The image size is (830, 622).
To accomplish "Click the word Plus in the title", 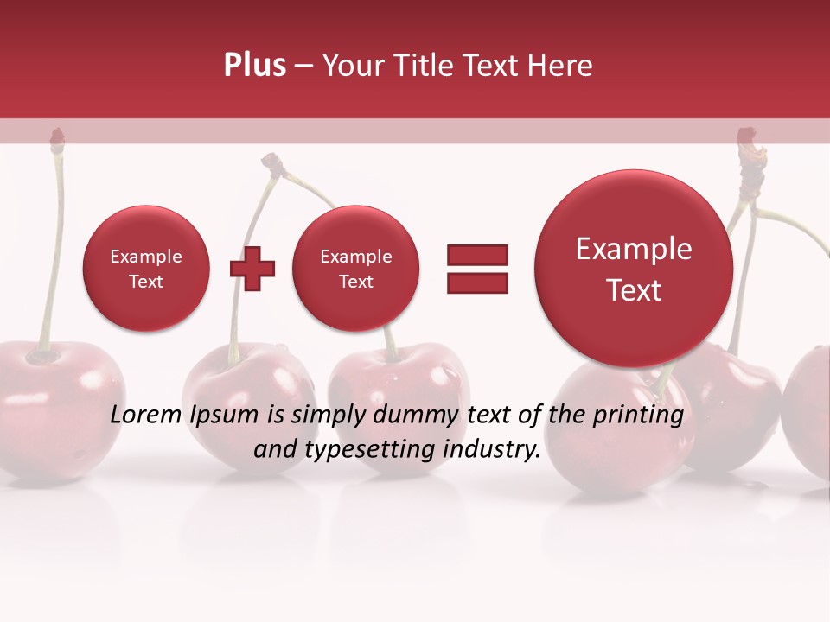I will pos(254,66).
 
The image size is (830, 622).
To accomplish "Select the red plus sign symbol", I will pos(252,269).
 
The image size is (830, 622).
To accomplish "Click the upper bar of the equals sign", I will pos(477,255).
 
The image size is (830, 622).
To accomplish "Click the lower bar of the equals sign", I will pos(477,282).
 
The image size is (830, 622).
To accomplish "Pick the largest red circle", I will pos(634,268).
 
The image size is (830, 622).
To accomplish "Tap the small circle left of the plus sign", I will pos(146,269).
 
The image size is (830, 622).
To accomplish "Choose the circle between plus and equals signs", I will pos(355,269).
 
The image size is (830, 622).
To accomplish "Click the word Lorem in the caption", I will pos(146,416).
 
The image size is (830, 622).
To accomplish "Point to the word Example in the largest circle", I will pos(634,249).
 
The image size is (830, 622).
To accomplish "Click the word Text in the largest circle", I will pos(634,290).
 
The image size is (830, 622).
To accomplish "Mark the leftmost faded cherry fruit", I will pos(52,406).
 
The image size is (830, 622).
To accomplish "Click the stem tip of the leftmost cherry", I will pos(57,136).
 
